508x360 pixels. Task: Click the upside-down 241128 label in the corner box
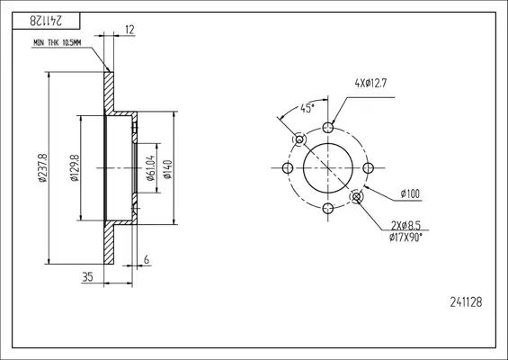pyautogui.click(x=46, y=21)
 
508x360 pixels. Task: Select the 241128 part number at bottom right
pyautogui.click(x=466, y=302)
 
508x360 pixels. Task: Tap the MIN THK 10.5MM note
pyautogui.click(x=57, y=43)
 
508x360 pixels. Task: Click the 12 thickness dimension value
pyautogui.click(x=129, y=30)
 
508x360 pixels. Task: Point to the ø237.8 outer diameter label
pyautogui.click(x=43, y=167)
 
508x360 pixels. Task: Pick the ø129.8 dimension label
pyautogui.click(x=75, y=167)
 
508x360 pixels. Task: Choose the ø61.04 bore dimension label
pyautogui.click(x=151, y=168)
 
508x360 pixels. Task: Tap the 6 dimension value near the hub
pyautogui.click(x=147, y=259)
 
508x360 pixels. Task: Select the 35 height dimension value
pyautogui.click(x=87, y=277)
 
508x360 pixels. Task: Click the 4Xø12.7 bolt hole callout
pyautogui.click(x=370, y=84)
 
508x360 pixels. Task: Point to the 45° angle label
pyautogui.click(x=307, y=108)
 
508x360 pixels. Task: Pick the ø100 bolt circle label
pyautogui.click(x=410, y=193)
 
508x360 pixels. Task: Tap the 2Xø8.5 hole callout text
pyautogui.click(x=406, y=225)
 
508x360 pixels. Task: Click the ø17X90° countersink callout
pyautogui.click(x=406, y=238)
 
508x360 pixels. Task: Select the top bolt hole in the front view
pyautogui.click(x=328, y=128)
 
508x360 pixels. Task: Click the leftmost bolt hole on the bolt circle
pyautogui.click(x=288, y=168)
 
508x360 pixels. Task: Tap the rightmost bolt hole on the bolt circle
pyautogui.click(x=369, y=168)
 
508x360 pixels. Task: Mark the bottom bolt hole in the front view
pyautogui.click(x=328, y=208)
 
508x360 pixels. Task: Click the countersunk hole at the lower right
pyautogui.click(x=357, y=196)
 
